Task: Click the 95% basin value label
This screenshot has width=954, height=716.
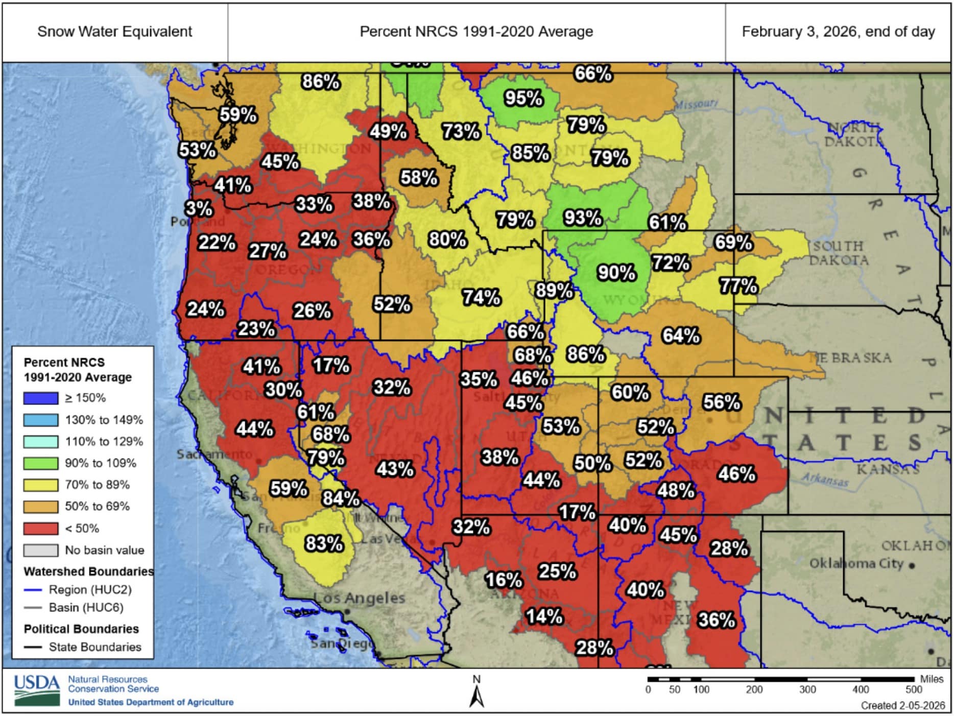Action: (x=523, y=98)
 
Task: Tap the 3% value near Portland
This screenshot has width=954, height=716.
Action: (x=199, y=208)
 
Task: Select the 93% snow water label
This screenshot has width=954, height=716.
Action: (x=583, y=218)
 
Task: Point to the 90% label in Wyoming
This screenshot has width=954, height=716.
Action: (x=616, y=273)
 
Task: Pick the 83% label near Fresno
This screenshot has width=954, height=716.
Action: (x=324, y=543)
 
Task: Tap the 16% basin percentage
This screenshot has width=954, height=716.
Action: (x=504, y=580)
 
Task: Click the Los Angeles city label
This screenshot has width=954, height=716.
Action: (x=359, y=598)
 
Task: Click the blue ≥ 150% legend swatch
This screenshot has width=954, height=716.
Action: (x=40, y=398)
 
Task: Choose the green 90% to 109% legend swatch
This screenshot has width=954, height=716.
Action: (x=40, y=463)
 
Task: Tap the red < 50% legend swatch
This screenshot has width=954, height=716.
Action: (x=40, y=528)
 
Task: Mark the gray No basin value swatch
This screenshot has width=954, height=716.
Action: (x=40, y=550)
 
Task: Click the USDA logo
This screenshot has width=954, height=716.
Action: (x=37, y=690)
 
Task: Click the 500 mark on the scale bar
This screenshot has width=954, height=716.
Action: (x=913, y=689)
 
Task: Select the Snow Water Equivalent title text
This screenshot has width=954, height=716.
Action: (x=114, y=32)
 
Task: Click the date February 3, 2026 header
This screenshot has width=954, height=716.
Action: (x=838, y=32)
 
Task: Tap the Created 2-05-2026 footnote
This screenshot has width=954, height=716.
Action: (x=902, y=705)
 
